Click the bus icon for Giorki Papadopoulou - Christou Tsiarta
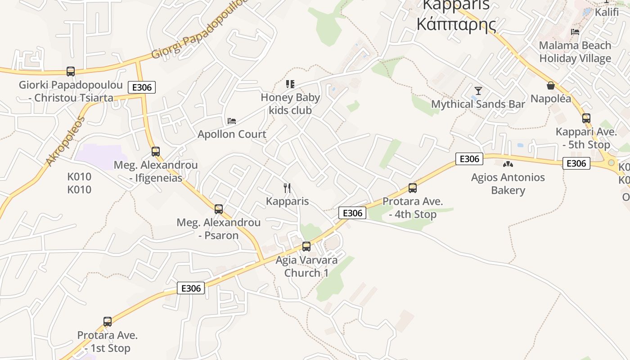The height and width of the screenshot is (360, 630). click(x=71, y=71)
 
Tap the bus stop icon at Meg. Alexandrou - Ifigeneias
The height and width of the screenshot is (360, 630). click(x=156, y=152)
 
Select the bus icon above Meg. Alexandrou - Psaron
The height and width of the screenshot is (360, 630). click(x=219, y=209)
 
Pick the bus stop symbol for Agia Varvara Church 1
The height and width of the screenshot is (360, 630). click(x=306, y=247)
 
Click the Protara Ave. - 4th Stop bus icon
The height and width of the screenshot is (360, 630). click(x=413, y=188)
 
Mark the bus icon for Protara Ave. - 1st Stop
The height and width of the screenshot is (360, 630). click(x=108, y=322)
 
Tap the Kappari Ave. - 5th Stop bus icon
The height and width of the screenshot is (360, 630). click(x=586, y=118)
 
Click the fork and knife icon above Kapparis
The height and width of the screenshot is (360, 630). click(x=287, y=188)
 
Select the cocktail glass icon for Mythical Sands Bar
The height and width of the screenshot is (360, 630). click(x=478, y=91)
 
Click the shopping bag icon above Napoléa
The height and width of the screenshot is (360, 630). click(x=550, y=85)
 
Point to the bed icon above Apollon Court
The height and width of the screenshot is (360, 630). click(x=232, y=121)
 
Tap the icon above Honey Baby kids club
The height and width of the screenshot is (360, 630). click(x=290, y=84)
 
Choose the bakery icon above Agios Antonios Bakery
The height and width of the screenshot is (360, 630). click(x=508, y=165)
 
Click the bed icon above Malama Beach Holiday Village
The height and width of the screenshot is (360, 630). click(x=575, y=32)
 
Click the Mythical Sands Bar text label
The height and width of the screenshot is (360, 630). click(x=478, y=104)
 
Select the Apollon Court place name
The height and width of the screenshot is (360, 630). click(x=232, y=134)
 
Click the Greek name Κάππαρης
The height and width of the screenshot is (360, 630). click(x=456, y=24)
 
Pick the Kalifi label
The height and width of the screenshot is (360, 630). click(x=607, y=12)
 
